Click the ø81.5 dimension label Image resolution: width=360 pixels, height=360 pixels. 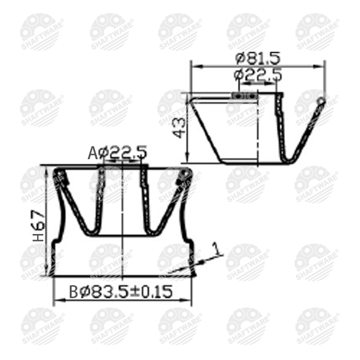coord(258,57)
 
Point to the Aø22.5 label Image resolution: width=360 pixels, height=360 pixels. coord(118,152)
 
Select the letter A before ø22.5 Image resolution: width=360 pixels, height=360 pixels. coord(93,152)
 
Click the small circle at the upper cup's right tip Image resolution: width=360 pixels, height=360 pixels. coord(321,101)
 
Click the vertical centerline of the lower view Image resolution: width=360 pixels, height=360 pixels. coord(122,236)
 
